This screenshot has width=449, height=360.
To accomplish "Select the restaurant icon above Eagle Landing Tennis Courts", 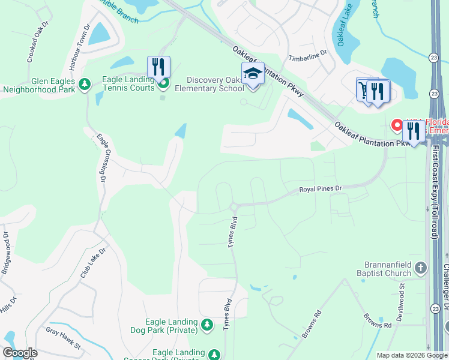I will pos(158,66).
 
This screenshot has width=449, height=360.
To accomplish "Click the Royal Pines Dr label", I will pos(321,189).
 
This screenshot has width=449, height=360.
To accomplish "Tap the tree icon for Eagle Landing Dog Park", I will pos(207,325).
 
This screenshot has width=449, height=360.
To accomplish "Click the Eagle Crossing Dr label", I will pos(100,158).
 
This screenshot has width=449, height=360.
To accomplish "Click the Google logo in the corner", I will pos(20,353).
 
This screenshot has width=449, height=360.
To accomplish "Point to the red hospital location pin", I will pos(397,124).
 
